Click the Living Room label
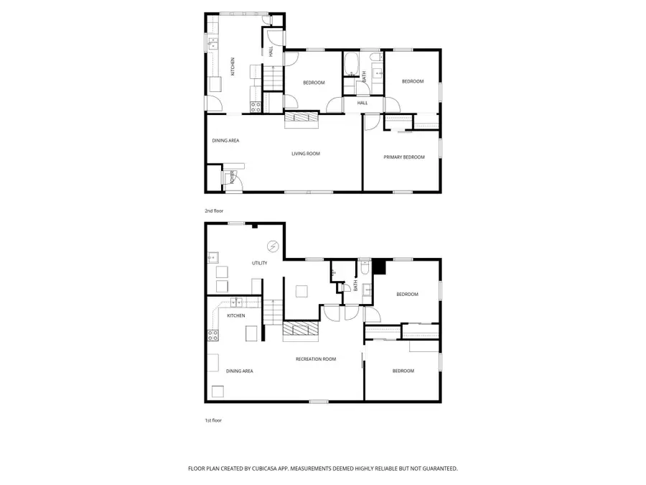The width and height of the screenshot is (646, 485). tap(305, 154)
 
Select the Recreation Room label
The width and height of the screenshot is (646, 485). tap(316, 359)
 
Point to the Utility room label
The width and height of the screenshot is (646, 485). tap(259, 263)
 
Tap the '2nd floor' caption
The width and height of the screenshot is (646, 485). tap(214, 212)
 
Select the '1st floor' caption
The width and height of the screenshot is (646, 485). tap(213, 420)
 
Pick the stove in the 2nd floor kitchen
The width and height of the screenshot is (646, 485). tap(255, 107)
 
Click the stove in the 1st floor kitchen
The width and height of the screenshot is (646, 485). tap(213, 334)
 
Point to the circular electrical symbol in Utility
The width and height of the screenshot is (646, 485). tap(273, 246)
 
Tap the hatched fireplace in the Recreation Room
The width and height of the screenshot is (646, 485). tap(299, 329)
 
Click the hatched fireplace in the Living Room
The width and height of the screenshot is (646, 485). tap(300, 120)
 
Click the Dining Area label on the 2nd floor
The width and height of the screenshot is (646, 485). tap(225, 140)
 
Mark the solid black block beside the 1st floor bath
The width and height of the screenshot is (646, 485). tap(379, 267)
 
